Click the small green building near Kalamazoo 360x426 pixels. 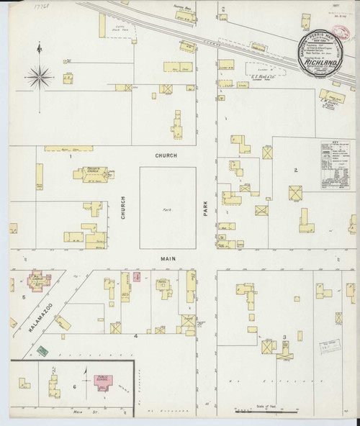(42, 350)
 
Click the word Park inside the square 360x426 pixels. (166, 209)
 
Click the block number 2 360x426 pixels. (295, 170)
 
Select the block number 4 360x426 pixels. (135, 336)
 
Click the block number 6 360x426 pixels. (75, 387)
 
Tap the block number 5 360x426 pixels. (24, 296)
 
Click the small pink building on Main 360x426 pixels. (136, 276)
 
